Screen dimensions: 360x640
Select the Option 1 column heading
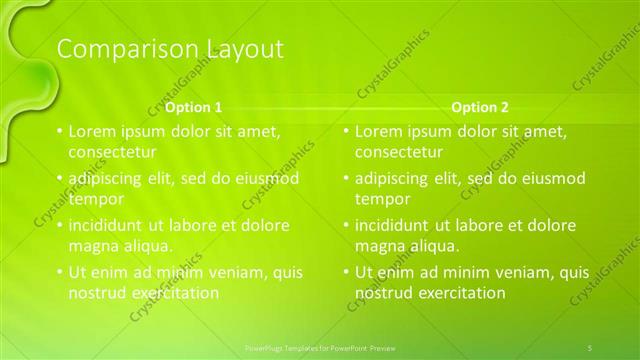click(194, 107)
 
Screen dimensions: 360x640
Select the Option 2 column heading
click(480, 107)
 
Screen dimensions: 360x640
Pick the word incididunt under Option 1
click(111, 225)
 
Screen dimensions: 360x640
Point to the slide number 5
click(590, 346)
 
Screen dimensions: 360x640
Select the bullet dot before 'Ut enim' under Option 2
click(346, 272)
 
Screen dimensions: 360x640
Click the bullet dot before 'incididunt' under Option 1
click(60, 225)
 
